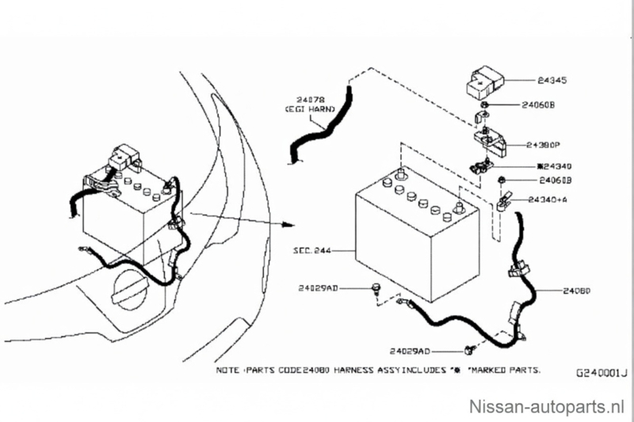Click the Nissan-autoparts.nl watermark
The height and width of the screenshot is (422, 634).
tap(548, 406)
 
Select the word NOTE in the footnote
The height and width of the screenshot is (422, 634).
tap(228, 370)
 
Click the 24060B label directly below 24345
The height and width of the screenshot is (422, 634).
tap(540, 104)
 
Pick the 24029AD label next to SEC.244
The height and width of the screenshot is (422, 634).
tap(319, 289)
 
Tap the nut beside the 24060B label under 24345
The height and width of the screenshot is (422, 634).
tap(484, 104)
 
